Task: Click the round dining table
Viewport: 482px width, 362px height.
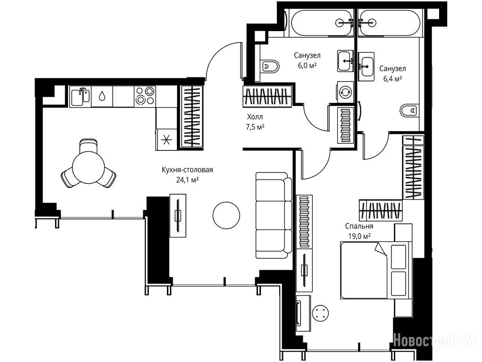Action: [88, 168]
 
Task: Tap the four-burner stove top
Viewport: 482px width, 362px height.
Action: [145, 96]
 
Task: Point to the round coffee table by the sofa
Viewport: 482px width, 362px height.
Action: [226, 215]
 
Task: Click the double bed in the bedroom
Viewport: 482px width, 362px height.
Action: [376, 270]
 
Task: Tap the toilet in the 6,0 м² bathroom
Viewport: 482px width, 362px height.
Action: [270, 66]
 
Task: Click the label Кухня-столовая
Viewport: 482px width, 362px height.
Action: [187, 170]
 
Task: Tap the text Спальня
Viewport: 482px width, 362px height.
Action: [359, 226]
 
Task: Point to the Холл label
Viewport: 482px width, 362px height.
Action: [255, 117]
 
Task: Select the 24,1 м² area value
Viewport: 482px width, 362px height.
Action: [187, 180]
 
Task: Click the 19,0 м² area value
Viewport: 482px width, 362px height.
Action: [359, 236]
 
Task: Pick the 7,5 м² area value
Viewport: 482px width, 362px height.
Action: [255, 127]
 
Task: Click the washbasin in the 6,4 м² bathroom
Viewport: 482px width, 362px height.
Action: [366, 66]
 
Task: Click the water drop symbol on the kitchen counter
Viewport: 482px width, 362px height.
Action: [101, 96]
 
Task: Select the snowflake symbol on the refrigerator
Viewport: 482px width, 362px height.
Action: [166, 140]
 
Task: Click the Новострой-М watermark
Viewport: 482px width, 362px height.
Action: [435, 340]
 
